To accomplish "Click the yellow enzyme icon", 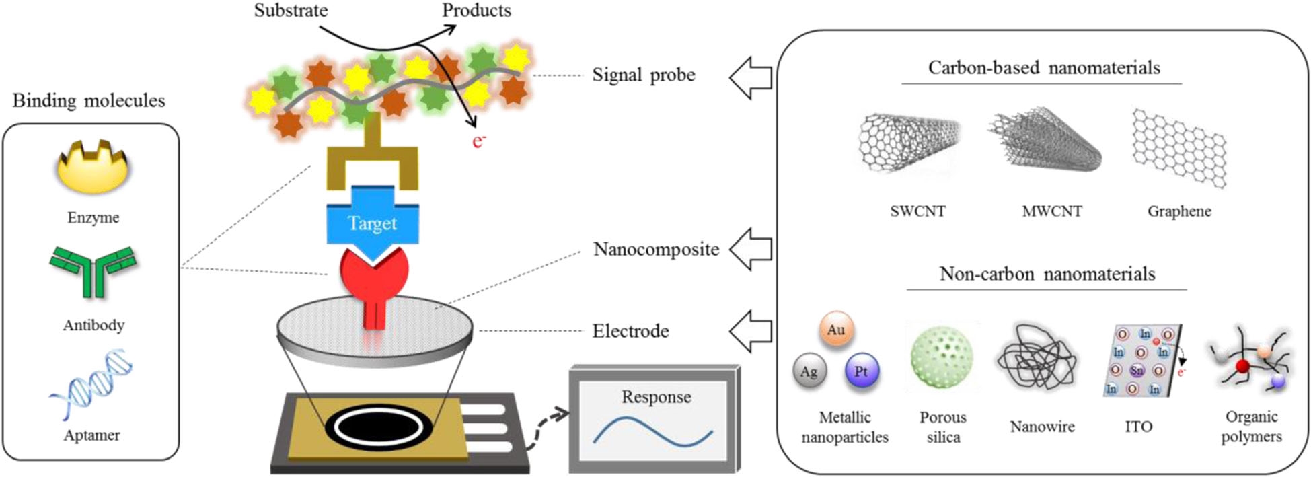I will [92, 170].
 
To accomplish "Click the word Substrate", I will [291, 11].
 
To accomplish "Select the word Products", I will [476, 11].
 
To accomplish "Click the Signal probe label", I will [643, 75].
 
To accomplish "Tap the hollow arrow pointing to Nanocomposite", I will [751, 249].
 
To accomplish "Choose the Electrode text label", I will [630, 331].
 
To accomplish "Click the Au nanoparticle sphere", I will [836, 330].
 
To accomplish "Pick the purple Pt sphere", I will [862, 371].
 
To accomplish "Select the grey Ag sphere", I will [809, 372].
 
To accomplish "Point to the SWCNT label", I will [917, 211].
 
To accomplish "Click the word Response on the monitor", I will [656, 397].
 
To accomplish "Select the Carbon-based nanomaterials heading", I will [1044, 68].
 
